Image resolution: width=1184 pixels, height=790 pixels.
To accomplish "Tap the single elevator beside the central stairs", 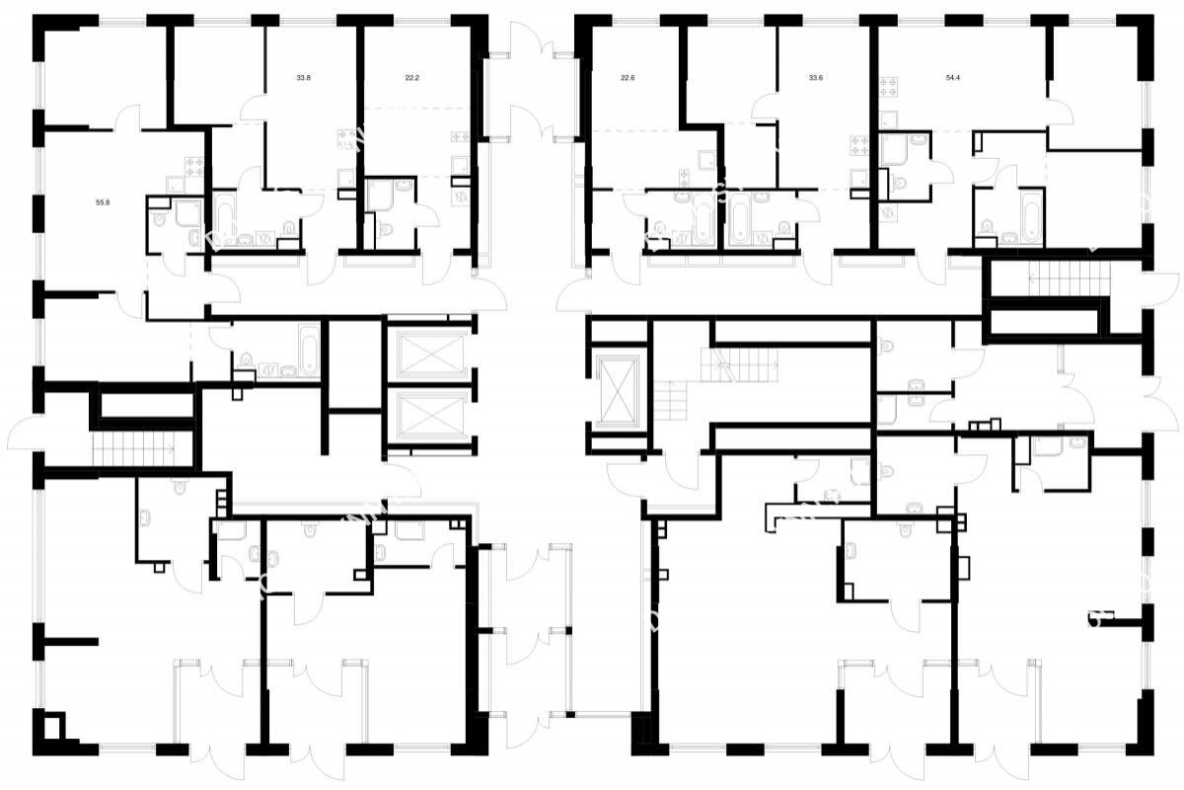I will point(618,391).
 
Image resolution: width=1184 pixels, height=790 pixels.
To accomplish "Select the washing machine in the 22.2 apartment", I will point(463,196).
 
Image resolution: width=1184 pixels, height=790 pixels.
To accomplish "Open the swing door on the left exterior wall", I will point(24,434).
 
